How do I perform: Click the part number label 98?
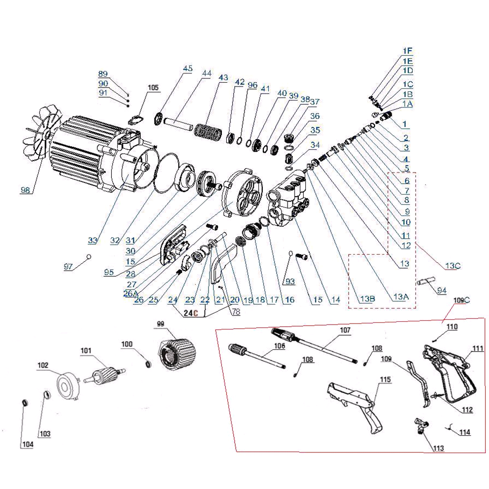[x=26, y=190]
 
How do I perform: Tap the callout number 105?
[x=153, y=87]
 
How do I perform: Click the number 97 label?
[x=68, y=267]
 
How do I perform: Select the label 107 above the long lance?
[x=344, y=330]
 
